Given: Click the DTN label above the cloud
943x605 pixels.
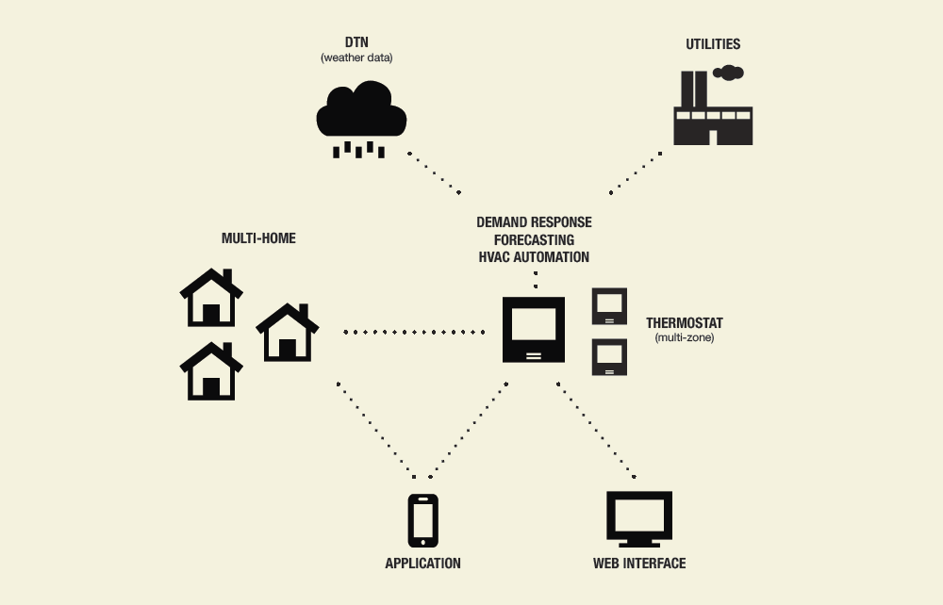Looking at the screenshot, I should (356, 43).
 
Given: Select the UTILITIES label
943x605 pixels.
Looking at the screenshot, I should (713, 44).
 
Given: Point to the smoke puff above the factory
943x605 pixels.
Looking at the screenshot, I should (729, 72).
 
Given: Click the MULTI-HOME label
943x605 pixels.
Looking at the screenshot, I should (258, 238).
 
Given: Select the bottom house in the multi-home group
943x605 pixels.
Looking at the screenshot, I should (211, 371).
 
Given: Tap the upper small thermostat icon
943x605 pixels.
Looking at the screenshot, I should (609, 307).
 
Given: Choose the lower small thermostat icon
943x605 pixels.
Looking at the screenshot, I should (609, 356).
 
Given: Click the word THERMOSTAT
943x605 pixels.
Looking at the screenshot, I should (685, 323).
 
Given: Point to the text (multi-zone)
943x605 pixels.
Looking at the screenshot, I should (685, 337).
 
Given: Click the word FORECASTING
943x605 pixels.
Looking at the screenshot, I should (534, 239).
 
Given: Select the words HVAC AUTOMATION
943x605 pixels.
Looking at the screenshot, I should (534, 256).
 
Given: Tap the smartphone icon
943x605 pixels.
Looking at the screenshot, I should (422, 520).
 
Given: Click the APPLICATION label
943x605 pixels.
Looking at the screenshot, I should (422, 564).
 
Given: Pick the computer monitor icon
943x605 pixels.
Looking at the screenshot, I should (638, 518).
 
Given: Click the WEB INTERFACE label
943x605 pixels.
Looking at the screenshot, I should (638, 564).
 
